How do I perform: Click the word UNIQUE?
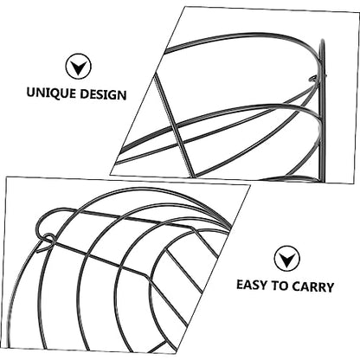(x=51, y=93)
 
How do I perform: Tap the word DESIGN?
(x=103, y=94)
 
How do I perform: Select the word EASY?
(x=252, y=285)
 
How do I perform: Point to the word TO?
(x=280, y=286)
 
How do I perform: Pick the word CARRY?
(x=312, y=287)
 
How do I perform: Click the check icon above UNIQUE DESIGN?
(x=78, y=67)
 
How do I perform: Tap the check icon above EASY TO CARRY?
(x=286, y=259)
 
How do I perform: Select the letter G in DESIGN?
(x=111, y=95)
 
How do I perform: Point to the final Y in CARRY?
(x=329, y=287)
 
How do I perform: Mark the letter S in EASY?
(x=254, y=285)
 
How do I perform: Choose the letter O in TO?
(x=284, y=286)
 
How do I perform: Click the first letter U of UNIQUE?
(x=31, y=93)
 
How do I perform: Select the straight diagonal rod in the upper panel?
(x=173, y=125)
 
